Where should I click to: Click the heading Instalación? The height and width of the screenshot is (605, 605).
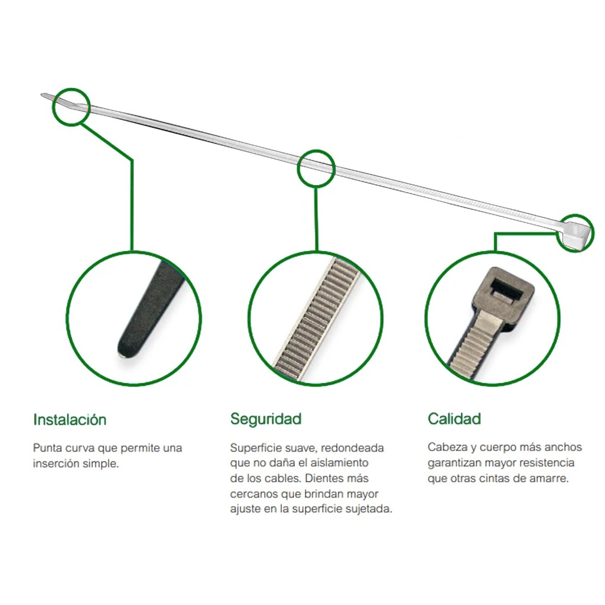tap(70, 419)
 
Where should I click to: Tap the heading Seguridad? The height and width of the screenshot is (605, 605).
tap(266, 419)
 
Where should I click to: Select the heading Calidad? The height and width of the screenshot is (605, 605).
tap(454, 419)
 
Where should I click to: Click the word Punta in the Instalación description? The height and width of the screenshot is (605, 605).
tap(48, 448)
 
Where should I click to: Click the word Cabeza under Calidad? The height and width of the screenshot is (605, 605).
tap(447, 447)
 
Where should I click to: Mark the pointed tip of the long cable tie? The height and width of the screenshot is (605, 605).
tap(43, 95)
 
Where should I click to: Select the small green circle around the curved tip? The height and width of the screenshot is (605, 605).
tap(71, 89)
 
